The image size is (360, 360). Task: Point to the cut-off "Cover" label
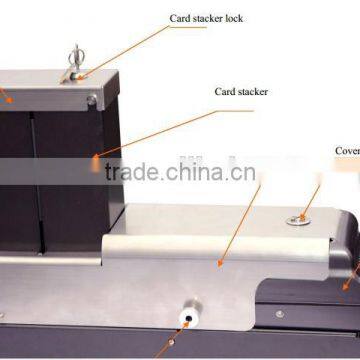pos(347,153)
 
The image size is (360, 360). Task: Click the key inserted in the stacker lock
pos(75,60)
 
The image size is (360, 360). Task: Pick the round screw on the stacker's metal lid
pos(91,99)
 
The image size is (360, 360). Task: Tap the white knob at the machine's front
pos(186,315)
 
